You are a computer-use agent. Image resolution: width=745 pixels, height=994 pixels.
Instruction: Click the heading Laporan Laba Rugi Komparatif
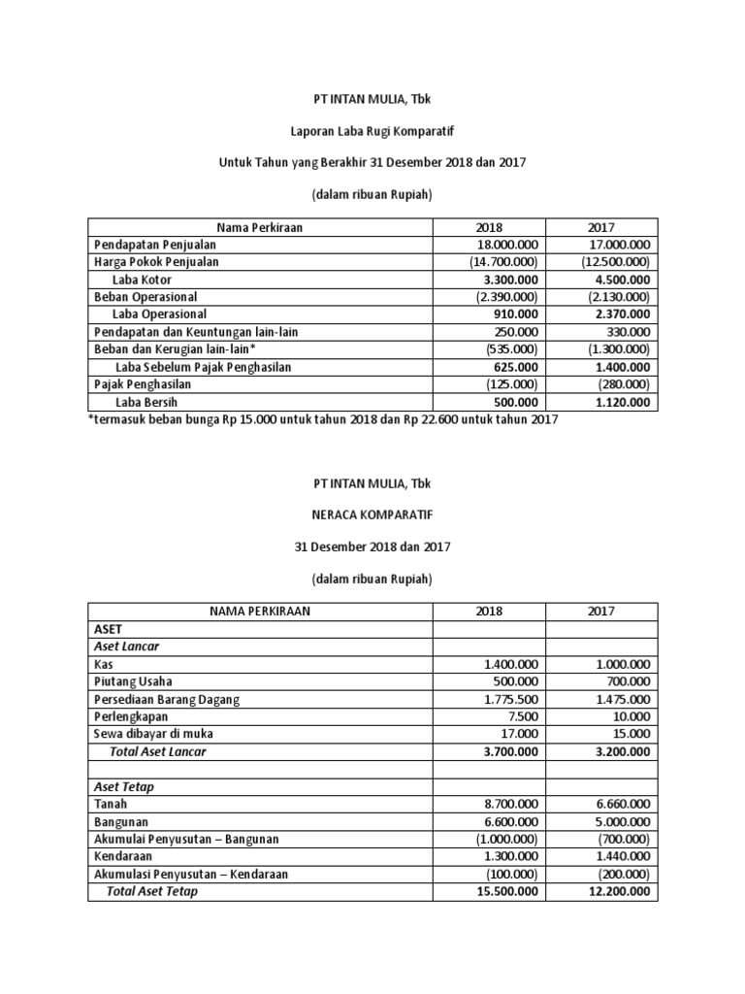pos(372,129)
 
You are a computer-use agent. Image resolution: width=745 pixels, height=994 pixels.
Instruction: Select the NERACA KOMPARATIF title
pos(372,514)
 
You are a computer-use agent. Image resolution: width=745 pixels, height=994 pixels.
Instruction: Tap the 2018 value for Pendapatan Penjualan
pos(505,245)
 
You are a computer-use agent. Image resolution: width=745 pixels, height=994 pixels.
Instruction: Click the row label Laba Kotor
pos(140,280)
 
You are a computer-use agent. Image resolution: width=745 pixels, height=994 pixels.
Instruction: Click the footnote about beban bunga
pos(323,420)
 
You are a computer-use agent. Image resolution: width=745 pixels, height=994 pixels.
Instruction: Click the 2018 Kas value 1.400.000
pos(511,664)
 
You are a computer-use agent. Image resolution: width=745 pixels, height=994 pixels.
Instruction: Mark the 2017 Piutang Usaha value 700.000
pos(628,681)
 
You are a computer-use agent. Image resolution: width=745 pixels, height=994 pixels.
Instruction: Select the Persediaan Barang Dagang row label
pos(167,699)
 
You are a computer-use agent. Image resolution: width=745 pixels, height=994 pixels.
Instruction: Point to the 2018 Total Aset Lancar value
pos(509,751)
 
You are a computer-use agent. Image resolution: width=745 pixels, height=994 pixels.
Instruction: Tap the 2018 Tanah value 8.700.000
pos(511,805)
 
